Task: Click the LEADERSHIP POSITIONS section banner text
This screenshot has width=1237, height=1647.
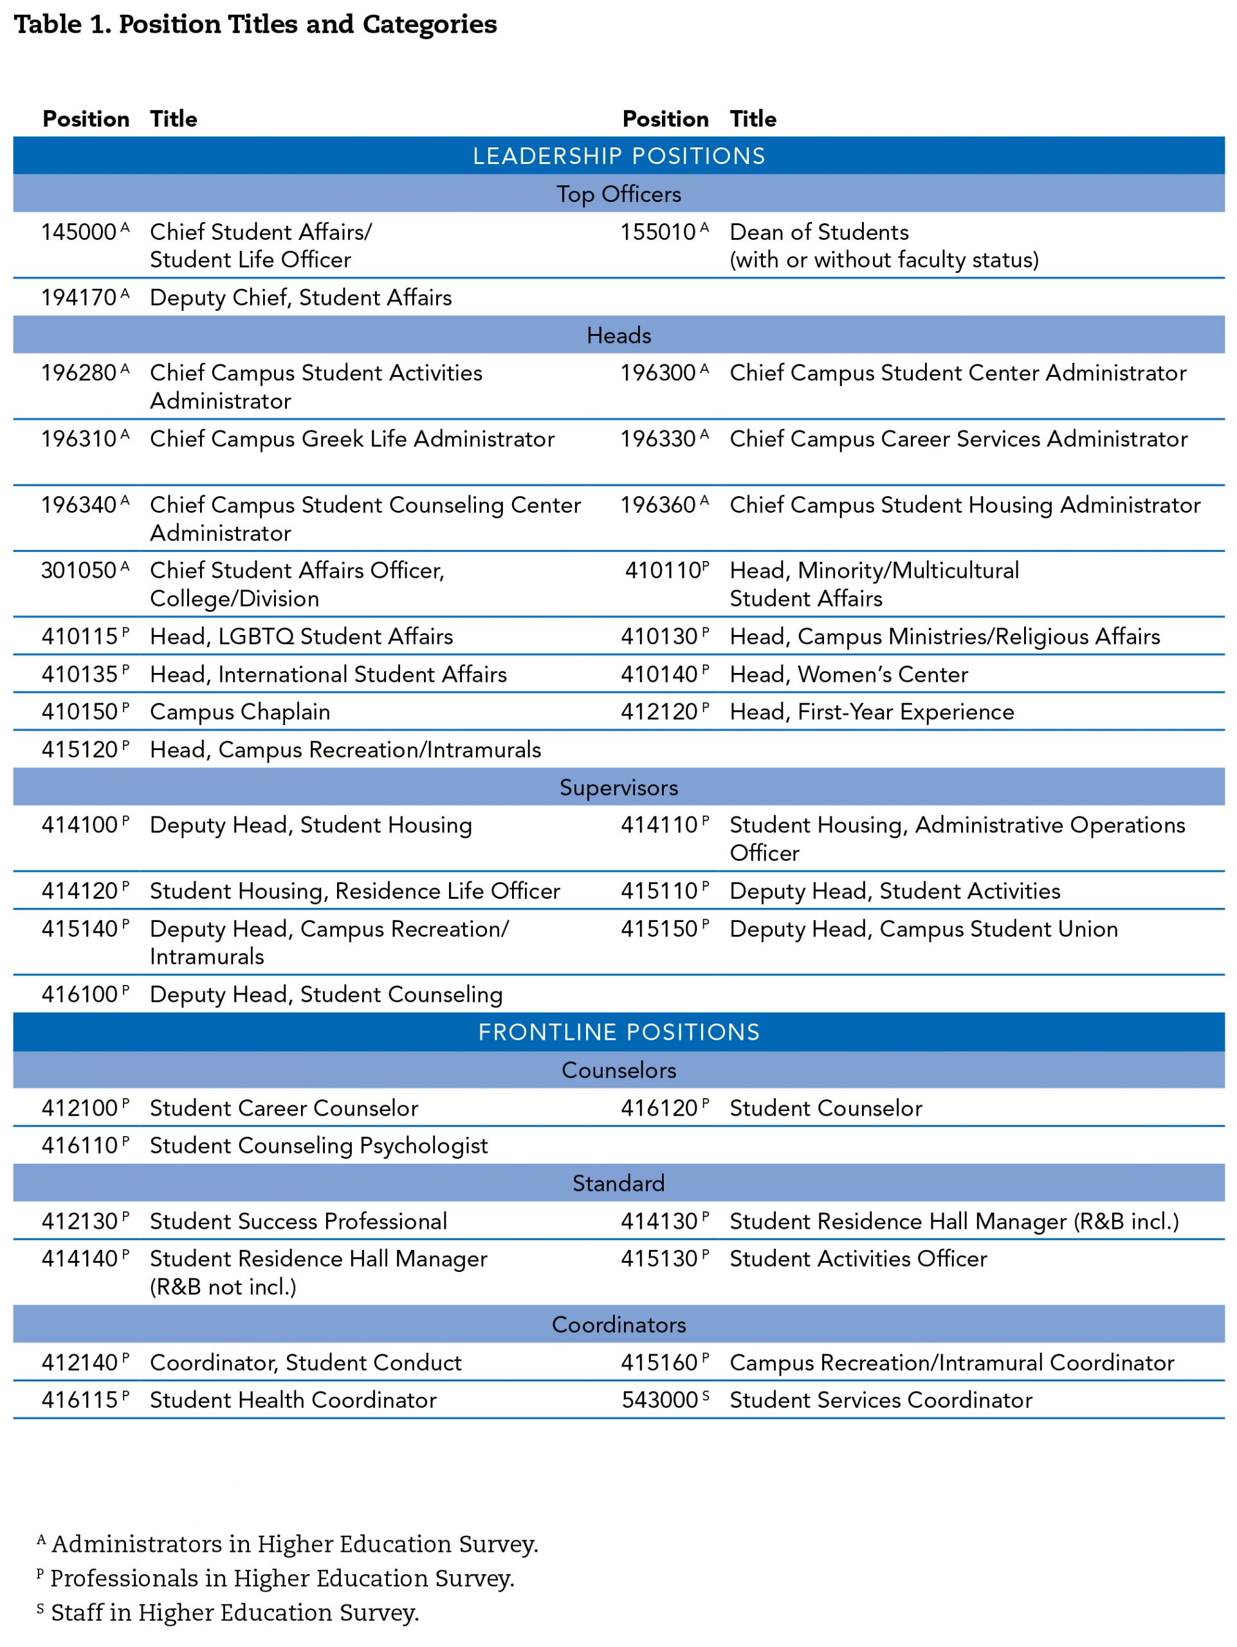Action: (x=619, y=156)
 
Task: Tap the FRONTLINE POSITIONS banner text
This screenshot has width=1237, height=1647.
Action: (x=619, y=1032)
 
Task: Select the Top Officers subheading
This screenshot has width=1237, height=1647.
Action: (x=619, y=194)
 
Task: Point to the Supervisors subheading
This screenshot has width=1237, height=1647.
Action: (x=619, y=787)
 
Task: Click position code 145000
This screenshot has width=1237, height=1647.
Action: (x=79, y=232)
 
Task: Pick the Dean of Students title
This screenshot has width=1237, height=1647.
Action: (x=819, y=232)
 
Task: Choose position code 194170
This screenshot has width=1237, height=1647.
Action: (x=79, y=298)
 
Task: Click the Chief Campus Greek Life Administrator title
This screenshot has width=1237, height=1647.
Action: (x=352, y=439)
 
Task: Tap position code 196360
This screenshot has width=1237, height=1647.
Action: (x=659, y=506)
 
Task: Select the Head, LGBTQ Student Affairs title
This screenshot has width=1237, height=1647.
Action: (x=302, y=637)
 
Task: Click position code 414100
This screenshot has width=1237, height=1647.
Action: (x=79, y=825)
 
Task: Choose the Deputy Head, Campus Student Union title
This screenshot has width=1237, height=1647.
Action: (x=924, y=929)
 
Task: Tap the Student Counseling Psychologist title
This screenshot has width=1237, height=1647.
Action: (x=318, y=1145)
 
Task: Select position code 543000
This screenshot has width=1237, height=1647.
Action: (x=659, y=1400)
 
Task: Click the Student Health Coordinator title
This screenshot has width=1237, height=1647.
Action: (x=293, y=1400)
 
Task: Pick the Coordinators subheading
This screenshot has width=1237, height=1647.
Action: (x=619, y=1325)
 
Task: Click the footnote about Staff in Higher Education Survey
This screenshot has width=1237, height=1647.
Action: (x=234, y=1612)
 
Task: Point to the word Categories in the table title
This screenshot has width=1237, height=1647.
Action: (x=430, y=24)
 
